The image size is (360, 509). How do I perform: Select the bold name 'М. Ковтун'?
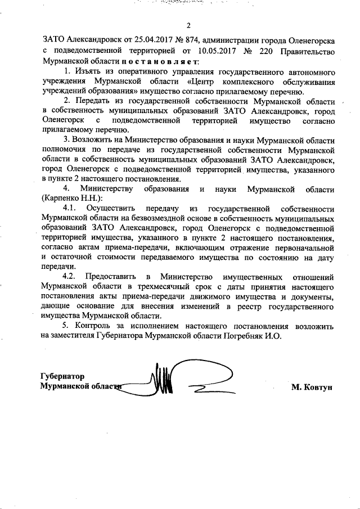coord(313,388)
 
